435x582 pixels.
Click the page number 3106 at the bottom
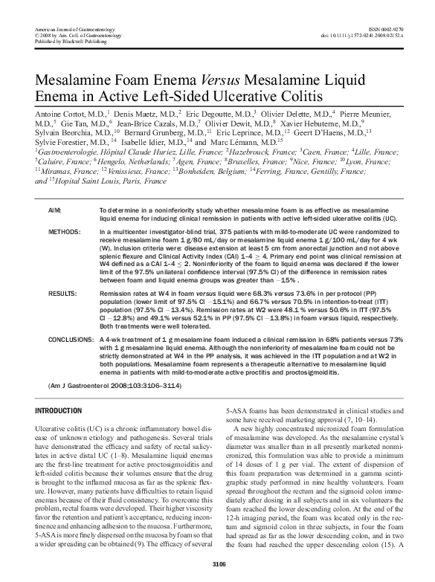point(217,566)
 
